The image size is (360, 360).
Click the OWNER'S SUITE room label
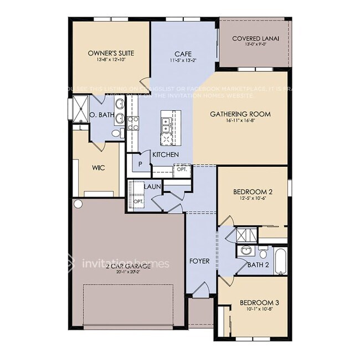(111, 53)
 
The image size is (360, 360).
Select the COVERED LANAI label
(255, 38)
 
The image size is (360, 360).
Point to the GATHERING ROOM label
(240, 114)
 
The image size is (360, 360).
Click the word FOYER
(199, 261)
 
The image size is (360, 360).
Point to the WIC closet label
(98, 167)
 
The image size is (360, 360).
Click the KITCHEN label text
(165, 155)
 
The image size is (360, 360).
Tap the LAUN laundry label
(152, 187)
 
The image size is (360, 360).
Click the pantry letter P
(140, 164)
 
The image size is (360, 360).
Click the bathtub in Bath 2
(280, 261)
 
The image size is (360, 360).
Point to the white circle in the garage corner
(78, 204)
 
